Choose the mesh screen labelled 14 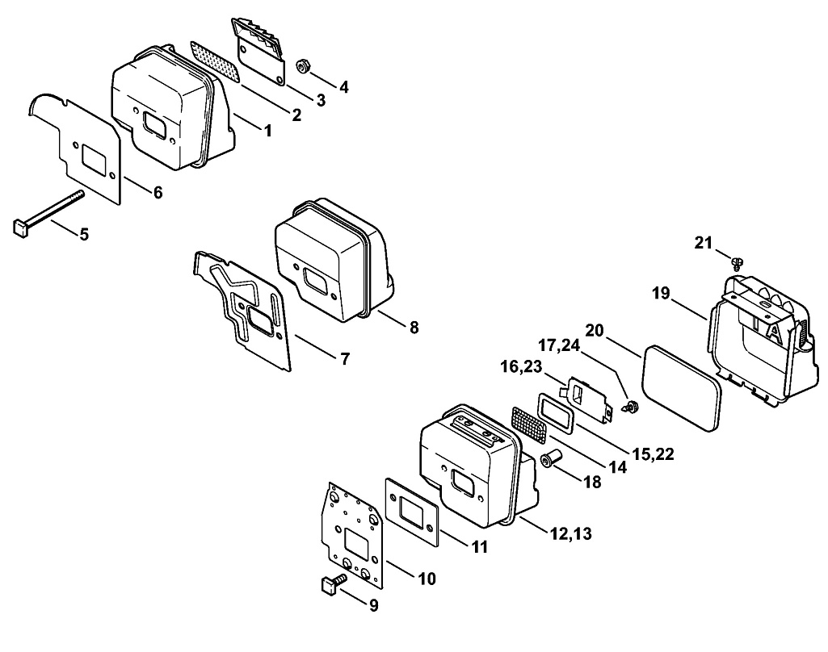(530, 423)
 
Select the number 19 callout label (661, 293)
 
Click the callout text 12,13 (570, 533)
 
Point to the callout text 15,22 (654, 455)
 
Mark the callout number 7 (345, 358)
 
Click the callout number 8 (414, 328)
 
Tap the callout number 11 (480, 547)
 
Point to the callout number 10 (427, 578)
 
